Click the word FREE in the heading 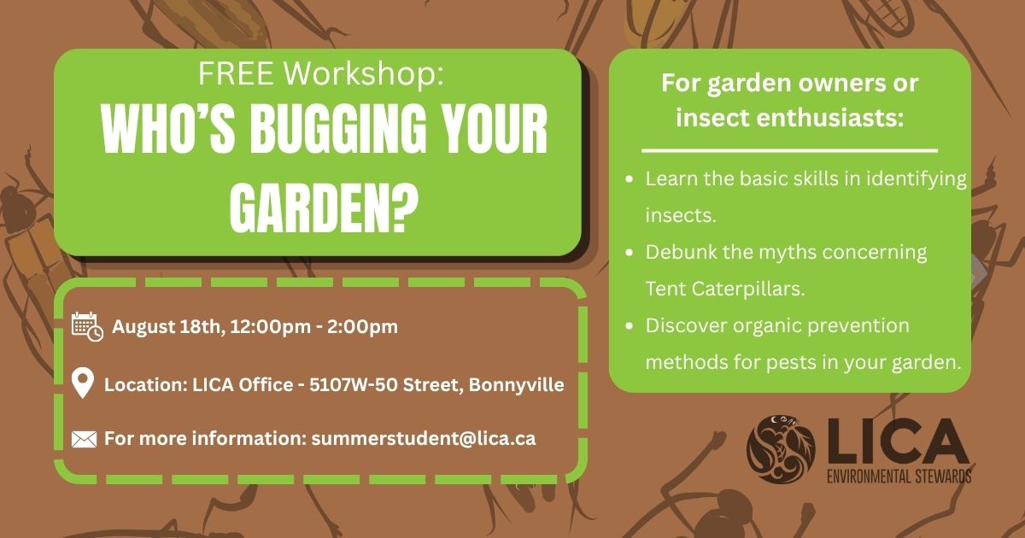click(x=236, y=73)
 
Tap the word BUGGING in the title click(x=338, y=129)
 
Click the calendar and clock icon click(x=87, y=326)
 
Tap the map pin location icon click(x=83, y=383)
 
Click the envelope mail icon click(x=85, y=439)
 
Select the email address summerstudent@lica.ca click(x=424, y=438)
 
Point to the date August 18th click(x=168, y=326)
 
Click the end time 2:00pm click(x=362, y=326)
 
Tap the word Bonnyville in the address click(x=516, y=385)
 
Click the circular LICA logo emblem click(x=781, y=449)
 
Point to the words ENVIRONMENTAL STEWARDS click(x=899, y=477)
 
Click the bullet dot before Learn click(x=630, y=178)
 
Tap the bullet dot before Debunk click(x=630, y=252)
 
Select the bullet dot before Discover click(x=630, y=325)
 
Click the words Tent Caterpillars click(x=725, y=289)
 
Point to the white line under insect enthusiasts click(x=790, y=150)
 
